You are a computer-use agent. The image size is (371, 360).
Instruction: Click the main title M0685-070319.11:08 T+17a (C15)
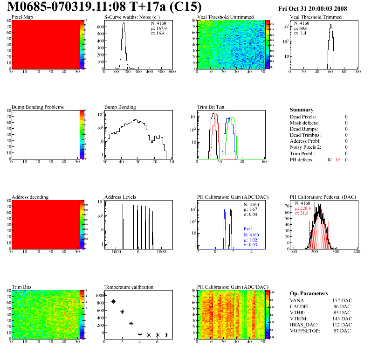click(105, 7)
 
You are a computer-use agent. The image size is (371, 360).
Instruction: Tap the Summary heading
click(302, 110)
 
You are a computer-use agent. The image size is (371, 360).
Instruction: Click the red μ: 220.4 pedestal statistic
click(303, 208)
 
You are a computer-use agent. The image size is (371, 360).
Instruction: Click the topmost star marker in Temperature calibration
click(104, 294)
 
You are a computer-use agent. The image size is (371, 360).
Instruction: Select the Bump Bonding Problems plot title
click(38, 107)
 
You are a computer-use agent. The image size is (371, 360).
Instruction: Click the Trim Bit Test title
click(211, 107)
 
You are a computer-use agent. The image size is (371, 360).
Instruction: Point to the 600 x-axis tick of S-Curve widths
click(172, 72)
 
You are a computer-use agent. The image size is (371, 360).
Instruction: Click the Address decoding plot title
click(30, 197)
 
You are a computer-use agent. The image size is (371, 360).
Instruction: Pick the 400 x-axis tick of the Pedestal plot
click(357, 252)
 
